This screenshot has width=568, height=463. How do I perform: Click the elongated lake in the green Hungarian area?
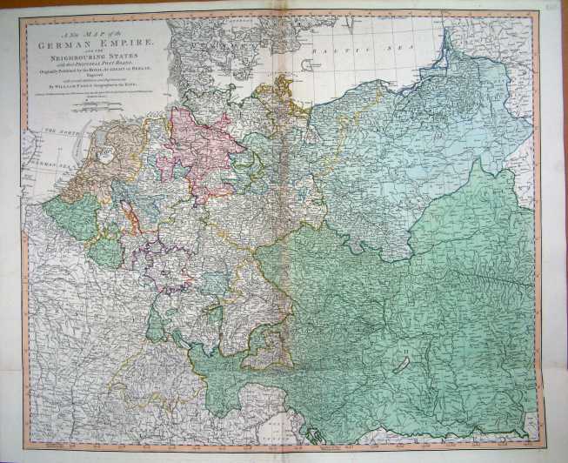tap(401, 365)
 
